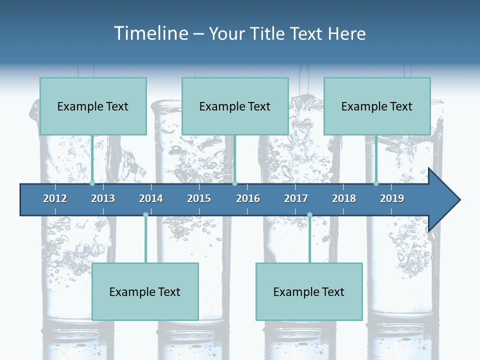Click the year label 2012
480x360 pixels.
(x=55, y=198)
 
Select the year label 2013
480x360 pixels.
(x=103, y=198)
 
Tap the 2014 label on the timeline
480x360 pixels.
(x=151, y=198)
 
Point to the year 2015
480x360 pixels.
(x=199, y=198)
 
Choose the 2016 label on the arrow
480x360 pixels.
(x=248, y=198)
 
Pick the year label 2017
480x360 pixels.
(x=296, y=198)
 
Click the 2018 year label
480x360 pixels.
(x=344, y=198)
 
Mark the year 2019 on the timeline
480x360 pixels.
(x=392, y=198)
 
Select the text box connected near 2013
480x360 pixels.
(x=93, y=106)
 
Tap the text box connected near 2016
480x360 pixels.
(x=235, y=106)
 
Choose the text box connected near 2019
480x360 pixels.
(x=377, y=106)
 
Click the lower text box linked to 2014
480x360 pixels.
(x=145, y=291)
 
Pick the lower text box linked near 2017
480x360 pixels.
(x=309, y=291)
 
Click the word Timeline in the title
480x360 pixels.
(x=150, y=33)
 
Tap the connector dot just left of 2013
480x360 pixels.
(x=92, y=183)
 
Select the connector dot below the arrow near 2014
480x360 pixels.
(x=145, y=215)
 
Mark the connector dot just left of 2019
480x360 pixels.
(x=376, y=183)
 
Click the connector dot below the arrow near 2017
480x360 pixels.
(x=309, y=215)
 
